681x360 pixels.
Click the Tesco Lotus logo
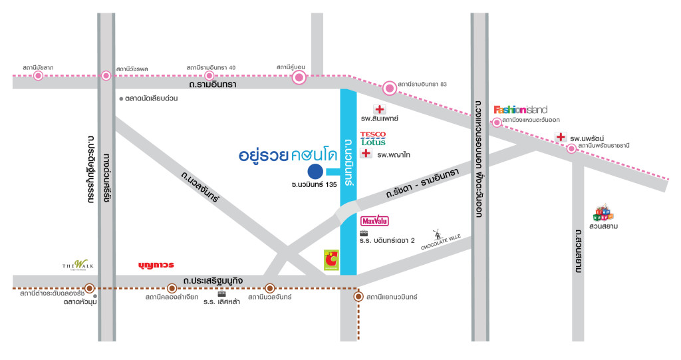point(372,138)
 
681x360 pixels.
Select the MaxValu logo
point(374,220)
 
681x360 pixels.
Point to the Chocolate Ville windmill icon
point(437,234)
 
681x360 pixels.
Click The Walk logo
point(74,264)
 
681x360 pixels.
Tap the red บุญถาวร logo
point(156,265)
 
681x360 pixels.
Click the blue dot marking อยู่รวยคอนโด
point(315,172)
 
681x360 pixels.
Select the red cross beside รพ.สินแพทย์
point(380,110)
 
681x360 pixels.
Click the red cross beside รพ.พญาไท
point(366,154)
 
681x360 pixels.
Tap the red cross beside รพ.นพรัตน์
point(561,137)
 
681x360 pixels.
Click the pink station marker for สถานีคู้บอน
point(299,79)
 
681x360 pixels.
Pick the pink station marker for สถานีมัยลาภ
point(38,76)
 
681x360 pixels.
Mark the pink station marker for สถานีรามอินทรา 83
point(389,87)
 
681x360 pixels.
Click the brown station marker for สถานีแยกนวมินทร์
point(358,297)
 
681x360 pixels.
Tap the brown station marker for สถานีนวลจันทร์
point(270,288)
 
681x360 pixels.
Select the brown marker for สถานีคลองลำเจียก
point(172,288)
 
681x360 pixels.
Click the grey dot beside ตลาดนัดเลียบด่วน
point(121,98)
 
